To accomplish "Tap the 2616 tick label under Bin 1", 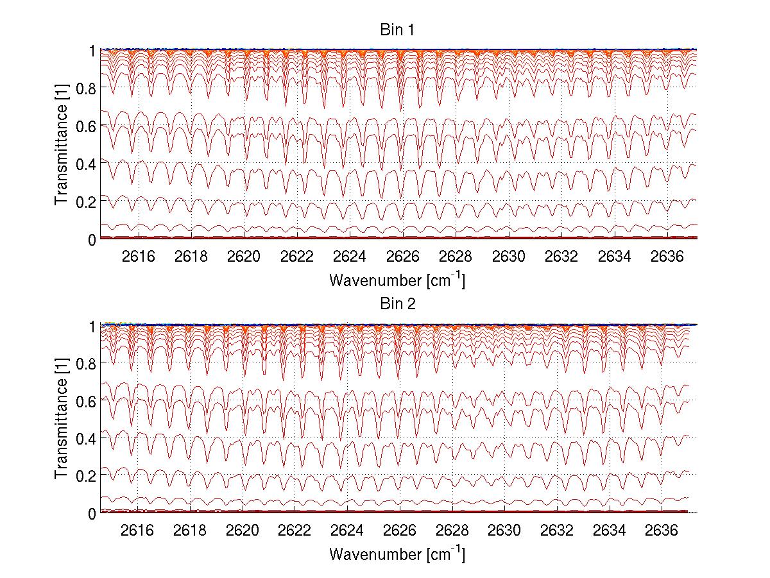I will pyautogui.click(x=139, y=257).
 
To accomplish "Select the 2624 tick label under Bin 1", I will pyautogui.click(x=350, y=257).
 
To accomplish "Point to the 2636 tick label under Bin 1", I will pyautogui.click(x=667, y=257).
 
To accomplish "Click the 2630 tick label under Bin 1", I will pyautogui.click(x=509, y=257).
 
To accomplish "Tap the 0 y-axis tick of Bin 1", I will pyautogui.click(x=92, y=239).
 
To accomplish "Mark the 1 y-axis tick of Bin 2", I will pyautogui.click(x=92, y=325).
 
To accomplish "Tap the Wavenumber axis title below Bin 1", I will pyautogui.click(x=397, y=280).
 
